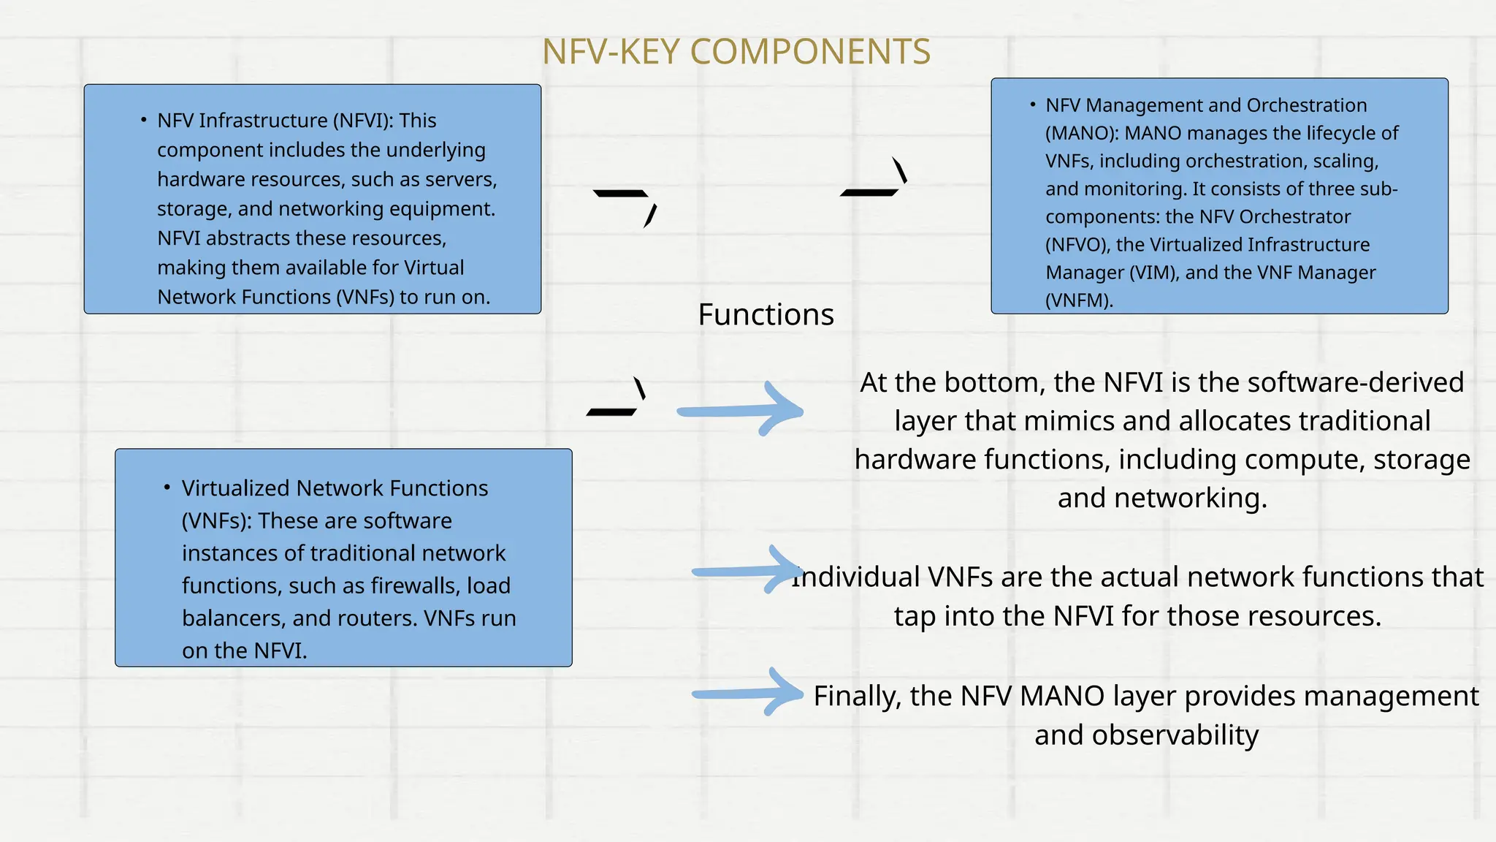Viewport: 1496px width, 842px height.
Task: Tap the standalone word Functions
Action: click(766, 315)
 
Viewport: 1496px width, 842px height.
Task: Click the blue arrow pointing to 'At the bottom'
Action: click(741, 411)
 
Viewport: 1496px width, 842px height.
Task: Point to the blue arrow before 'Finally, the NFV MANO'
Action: click(748, 693)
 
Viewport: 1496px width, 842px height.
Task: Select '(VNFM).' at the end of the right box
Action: click(1079, 300)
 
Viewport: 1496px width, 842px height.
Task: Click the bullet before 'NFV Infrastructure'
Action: click(144, 119)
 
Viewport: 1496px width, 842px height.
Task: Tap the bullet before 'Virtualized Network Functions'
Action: click(167, 487)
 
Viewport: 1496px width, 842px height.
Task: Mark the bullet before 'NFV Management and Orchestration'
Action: click(1032, 105)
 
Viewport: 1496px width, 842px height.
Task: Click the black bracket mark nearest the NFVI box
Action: click(626, 205)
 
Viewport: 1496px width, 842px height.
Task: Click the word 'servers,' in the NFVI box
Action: click(461, 180)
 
